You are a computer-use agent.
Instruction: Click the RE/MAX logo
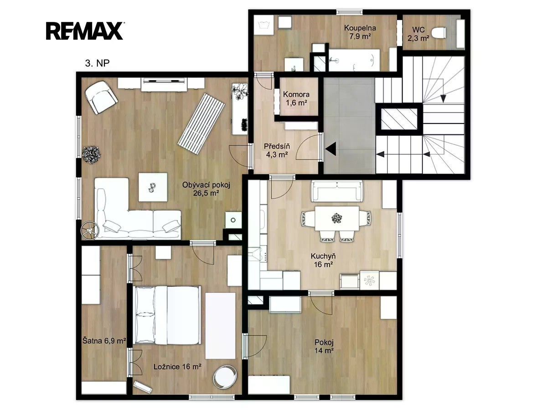coord(84,31)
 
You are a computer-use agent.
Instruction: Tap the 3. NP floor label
coord(97,63)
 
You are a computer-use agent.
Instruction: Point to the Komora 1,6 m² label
coord(296,98)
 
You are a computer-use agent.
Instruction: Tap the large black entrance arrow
coord(330,149)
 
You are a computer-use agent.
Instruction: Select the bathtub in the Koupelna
coord(354,60)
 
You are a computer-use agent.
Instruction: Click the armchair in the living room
coord(101,97)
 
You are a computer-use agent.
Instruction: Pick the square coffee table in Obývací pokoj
coord(153,187)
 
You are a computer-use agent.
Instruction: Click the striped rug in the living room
coord(201,124)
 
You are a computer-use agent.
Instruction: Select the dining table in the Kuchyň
coord(337,218)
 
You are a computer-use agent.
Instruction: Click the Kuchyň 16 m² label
coord(323,260)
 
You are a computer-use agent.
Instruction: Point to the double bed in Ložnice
coord(168,315)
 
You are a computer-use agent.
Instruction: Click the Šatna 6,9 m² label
coord(104,341)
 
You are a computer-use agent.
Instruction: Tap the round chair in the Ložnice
coord(225,377)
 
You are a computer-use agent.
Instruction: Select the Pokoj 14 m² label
coord(324,346)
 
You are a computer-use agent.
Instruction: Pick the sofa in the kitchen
coord(337,191)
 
